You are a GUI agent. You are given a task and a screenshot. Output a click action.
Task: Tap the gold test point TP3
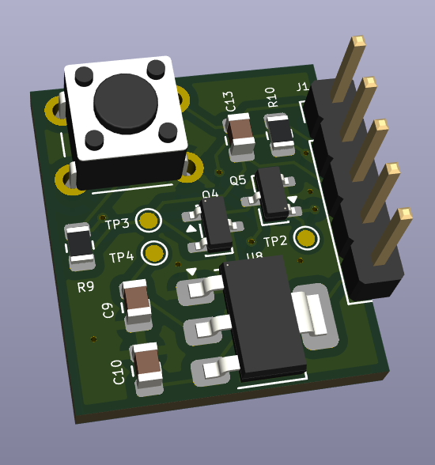(x=149, y=221)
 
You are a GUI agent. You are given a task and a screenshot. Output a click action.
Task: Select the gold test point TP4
(x=154, y=253)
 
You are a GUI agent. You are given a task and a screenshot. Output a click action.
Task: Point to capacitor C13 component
(x=240, y=130)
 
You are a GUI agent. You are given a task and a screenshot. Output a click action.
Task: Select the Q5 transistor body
(x=274, y=192)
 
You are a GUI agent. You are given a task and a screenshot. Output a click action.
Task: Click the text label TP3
(x=117, y=224)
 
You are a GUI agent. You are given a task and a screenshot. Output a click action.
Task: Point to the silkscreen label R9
(x=85, y=286)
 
